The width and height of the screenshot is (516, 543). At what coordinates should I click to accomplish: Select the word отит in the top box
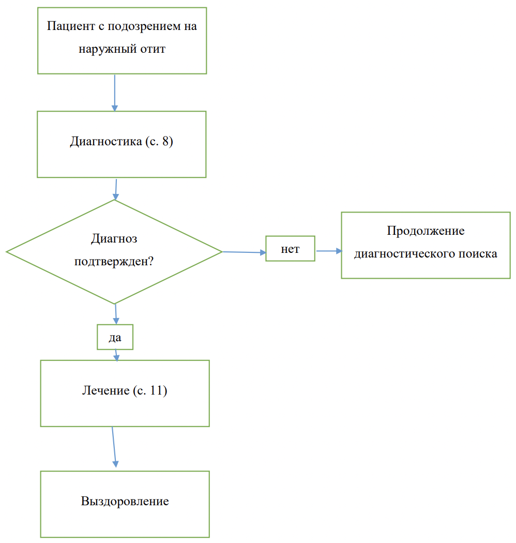coord(153,49)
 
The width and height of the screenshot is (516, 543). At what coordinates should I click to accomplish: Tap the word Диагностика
coord(106,141)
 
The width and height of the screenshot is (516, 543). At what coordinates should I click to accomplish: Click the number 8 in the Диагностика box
coord(166,141)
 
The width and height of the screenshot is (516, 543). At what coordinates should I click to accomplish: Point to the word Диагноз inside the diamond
coord(114,238)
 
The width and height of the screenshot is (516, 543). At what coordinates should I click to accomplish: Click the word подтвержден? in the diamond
coord(114,261)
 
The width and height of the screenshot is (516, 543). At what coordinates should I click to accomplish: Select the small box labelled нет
coord(290,249)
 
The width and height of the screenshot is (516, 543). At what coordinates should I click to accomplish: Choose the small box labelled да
coord(115,337)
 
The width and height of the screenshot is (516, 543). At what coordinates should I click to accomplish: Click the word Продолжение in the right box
coord(426,231)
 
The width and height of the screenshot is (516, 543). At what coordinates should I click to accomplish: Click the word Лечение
coord(105,390)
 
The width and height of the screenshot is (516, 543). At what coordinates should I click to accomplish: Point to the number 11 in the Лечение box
coord(156,390)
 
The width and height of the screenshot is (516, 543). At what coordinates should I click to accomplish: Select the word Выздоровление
coord(125,501)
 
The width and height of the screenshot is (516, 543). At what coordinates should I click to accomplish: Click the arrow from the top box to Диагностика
coord(115,93)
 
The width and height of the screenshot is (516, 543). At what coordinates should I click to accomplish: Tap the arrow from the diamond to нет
coord(244,252)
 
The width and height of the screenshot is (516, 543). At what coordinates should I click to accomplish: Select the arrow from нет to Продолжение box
coord(329,251)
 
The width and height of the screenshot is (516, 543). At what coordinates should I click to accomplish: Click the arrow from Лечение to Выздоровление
coord(114,447)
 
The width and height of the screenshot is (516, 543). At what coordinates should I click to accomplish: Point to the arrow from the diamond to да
coord(116,314)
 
